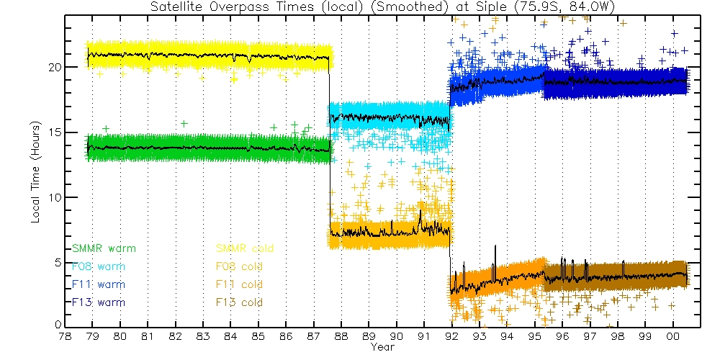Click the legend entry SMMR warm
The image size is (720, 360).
(x=104, y=248)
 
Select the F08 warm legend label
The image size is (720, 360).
(x=99, y=266)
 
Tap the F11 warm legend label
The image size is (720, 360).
(x=99, y=284)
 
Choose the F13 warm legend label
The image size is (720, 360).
(x=99, y=302)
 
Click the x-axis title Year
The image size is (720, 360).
(x=382, y=347)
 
